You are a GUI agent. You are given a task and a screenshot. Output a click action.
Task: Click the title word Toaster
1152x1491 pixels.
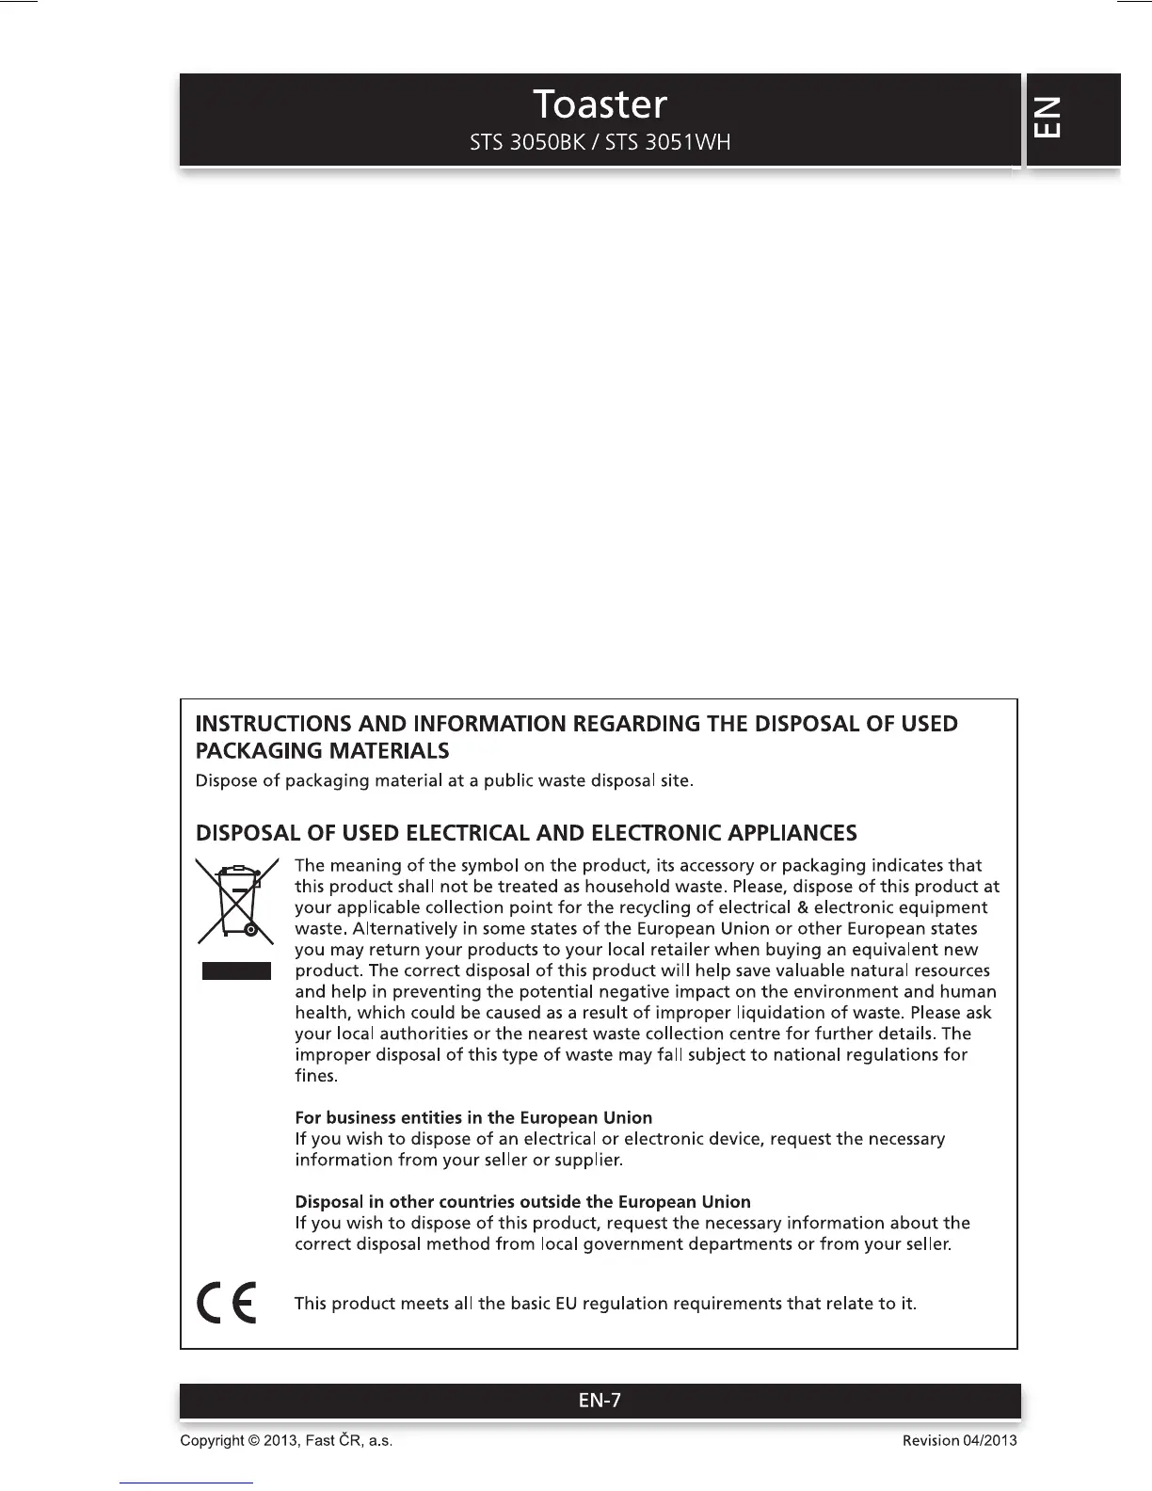click(x=600, y=104)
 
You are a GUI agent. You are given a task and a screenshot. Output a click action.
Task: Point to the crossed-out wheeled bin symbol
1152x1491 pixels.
click(x=236, y=902)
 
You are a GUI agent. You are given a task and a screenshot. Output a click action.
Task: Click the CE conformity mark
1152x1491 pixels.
click(x=226, y=1303)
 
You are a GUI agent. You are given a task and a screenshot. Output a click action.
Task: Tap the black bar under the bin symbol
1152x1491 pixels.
click(x=236, y=970)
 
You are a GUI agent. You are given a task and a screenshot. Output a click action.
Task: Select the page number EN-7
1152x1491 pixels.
click(x=600, y=1401)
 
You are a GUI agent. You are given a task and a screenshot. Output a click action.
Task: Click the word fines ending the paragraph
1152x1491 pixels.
click(x=314, y=1076)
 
